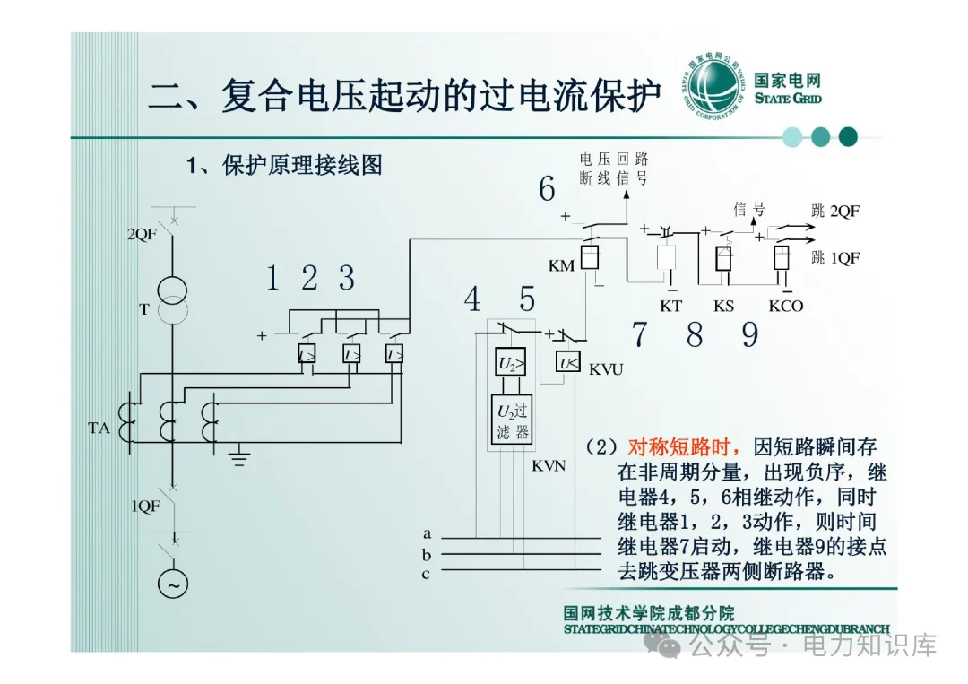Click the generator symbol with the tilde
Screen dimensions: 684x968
[x=174, y=584]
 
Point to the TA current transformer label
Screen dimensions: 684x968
[x=99, y=429]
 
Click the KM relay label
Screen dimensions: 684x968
[x=561, y=266]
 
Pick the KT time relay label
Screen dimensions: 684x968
[x=670, y=306]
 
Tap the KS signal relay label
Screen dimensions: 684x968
[x=723, y=306]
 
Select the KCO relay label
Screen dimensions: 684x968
[x=785, y=306]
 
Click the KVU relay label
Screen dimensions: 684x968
[x=606, y=369]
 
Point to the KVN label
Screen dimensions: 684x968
[x=549, y=466]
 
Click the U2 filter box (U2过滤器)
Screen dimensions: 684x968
[x=512, y=420]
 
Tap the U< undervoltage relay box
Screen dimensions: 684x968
[x=568, y=363]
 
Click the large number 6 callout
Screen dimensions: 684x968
[x=547, y=189]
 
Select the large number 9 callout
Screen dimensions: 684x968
[x=750, y=335]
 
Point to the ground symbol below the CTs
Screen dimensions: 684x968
[x=238, y=460]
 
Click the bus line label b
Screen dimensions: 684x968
[x=427, y=555]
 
